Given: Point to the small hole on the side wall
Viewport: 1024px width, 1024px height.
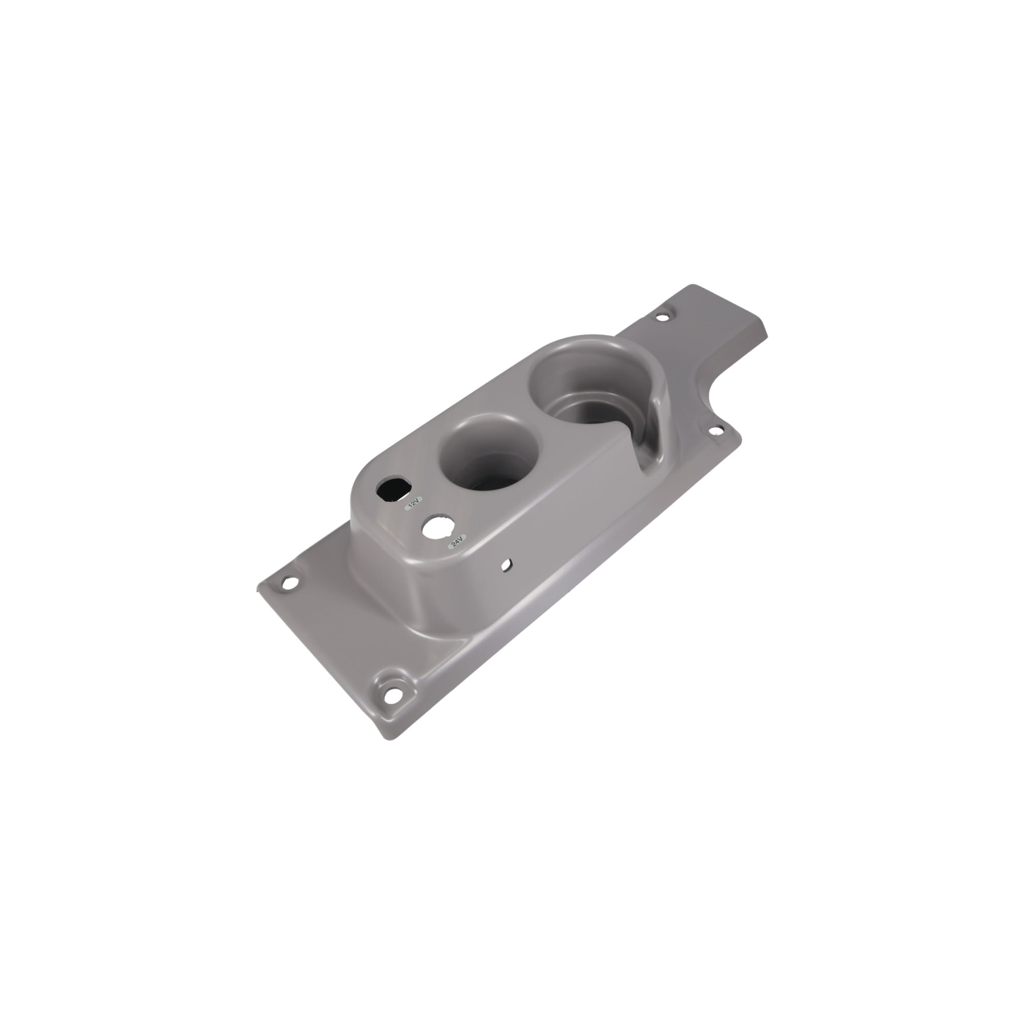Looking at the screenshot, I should click(x=507, y=565).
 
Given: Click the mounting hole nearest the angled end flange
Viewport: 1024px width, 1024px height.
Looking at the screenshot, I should click(x=662, y=317).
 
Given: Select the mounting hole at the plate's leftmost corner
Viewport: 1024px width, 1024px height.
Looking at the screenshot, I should click(x=288, y=584).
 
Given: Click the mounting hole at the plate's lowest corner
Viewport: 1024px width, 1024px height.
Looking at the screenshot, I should click(x=391, y=694).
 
